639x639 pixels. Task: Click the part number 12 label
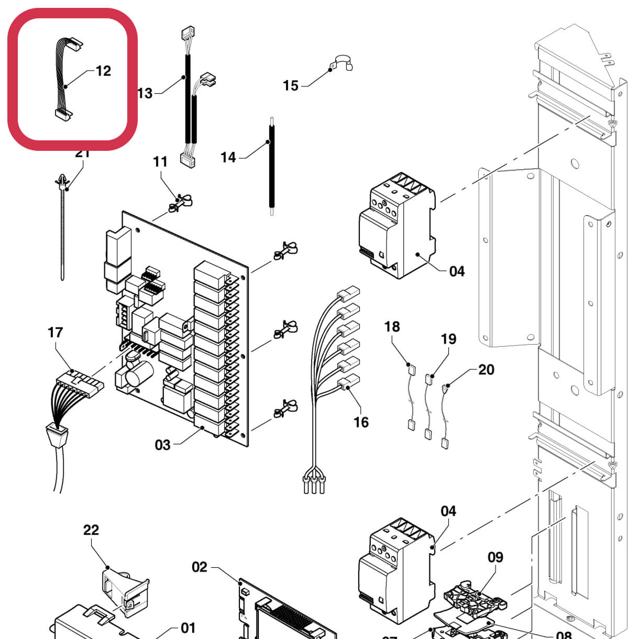point(103,71)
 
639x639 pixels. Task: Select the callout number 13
point(145,93)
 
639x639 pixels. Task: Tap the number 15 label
point(291,85)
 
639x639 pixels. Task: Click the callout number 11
point(160,162)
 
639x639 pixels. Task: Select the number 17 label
point(55,332)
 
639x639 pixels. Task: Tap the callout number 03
point(162,445)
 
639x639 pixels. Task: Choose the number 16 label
point(361,422)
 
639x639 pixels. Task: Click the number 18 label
point(392,327)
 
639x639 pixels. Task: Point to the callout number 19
point(448,339)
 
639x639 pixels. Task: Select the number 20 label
point(486,370)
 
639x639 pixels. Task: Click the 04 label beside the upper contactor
point(457,271)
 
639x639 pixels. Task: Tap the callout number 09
point(495,557)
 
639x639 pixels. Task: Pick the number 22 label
point(91,530)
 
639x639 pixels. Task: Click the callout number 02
point(200,567)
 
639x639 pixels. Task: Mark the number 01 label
point(188,627)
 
